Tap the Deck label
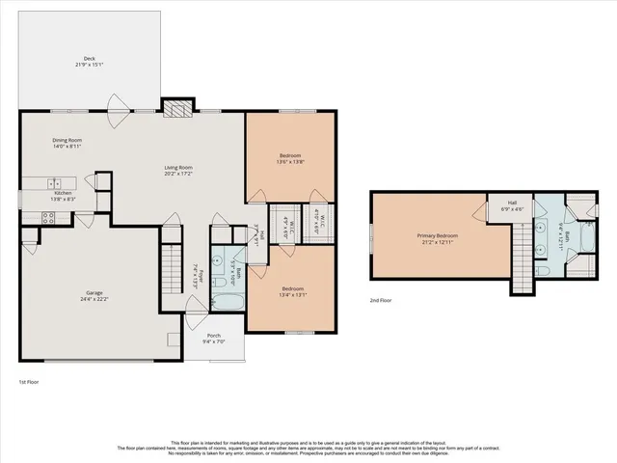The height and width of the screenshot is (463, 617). pyautogui.click(x=89, y=61)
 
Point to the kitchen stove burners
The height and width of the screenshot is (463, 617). pyautogui.click(x=45, y=219)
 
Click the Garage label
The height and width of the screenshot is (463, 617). pyautogui.click(x=94, y=295)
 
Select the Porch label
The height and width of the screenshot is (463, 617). pyautogui.click(x=213, y=337)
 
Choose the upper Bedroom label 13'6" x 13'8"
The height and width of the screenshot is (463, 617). pyautogui.click(x=291, y=159)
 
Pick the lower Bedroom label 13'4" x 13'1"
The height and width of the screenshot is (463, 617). pyautogui.click(x=293, y=292)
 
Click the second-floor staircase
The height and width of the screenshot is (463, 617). pyautogui.click(x=522, y=259)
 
